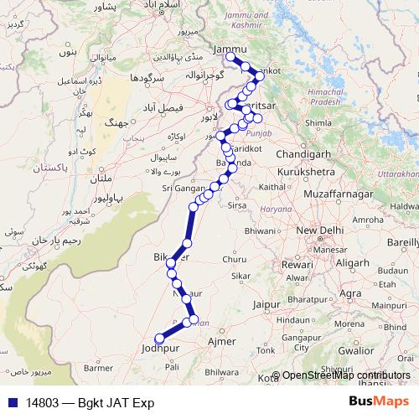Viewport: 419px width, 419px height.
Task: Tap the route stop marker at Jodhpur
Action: point(158,339)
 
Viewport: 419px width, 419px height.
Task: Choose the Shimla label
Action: point(318,122)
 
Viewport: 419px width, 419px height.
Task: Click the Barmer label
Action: point(98,367)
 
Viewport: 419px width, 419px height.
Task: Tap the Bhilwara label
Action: point(221,370)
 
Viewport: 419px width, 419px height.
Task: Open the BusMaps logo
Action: point(379,401)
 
